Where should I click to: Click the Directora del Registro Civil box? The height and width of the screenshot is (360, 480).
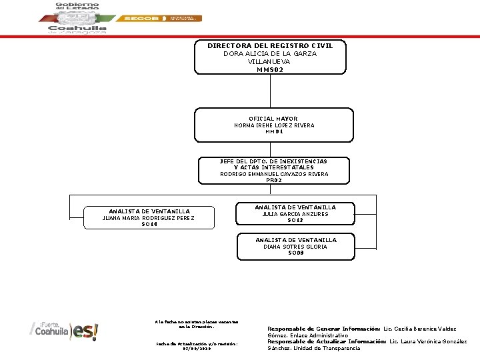click(270, 57)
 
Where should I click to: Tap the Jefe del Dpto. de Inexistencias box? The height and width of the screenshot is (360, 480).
click(274, 170)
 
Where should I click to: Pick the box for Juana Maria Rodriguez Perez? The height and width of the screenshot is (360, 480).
click(149, 217)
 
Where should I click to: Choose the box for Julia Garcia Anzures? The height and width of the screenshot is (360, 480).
click(295, 214)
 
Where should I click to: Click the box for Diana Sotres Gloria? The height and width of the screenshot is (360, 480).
click(295, 247)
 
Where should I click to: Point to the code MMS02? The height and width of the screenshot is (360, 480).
click(270, 69)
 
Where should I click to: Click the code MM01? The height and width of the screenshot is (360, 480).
click(274, 132)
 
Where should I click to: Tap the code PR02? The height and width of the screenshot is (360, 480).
click(274, 180)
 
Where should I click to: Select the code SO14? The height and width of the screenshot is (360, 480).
click(149, 224)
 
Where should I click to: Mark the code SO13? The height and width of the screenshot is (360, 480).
click(295, 221)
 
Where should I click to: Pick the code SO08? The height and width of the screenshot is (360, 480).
click(295, 253)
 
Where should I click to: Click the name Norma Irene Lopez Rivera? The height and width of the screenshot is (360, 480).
click(274, 125)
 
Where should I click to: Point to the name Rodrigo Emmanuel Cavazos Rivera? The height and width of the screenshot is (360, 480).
click(274, 174)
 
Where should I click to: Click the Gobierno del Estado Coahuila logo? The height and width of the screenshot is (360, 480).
click(77, 18)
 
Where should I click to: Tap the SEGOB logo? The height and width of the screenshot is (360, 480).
click(160, 19)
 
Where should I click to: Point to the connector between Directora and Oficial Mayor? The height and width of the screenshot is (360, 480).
click(270, 90)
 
